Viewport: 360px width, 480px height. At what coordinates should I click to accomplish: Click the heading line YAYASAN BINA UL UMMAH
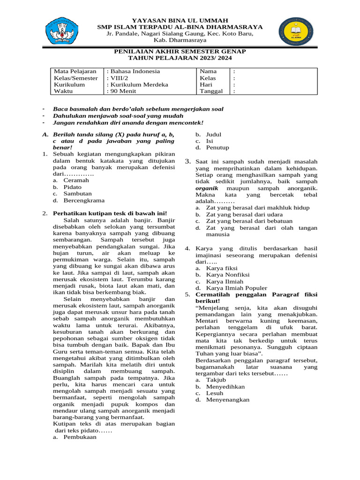tap(180, 20)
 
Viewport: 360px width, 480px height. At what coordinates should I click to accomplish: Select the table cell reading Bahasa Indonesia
tap(134, 71)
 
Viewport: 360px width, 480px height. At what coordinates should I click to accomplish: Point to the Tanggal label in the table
tap(211, 91)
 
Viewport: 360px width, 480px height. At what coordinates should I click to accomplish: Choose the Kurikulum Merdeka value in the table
tap(138, 85)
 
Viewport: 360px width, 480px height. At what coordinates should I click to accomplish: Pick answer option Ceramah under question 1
tap(76, 180)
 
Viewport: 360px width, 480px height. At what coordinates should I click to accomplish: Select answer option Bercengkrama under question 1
tap(84, 200)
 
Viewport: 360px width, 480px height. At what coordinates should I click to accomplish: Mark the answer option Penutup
tap(217, 147)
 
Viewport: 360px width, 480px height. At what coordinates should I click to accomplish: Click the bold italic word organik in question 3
tap(207, 187)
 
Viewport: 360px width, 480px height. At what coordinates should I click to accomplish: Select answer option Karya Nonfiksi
tap(228, 275)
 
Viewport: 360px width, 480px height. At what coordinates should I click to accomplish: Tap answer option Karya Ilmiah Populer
tap(237, 288)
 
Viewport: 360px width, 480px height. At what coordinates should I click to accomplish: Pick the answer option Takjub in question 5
tap(216, 380)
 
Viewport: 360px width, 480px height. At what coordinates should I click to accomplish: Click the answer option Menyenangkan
tap(228, 400)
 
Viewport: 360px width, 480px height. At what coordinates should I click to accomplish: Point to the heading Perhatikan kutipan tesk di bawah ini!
tap(110, 213)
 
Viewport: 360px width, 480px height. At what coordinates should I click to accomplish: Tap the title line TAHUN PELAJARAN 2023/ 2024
tap(180, 58)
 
